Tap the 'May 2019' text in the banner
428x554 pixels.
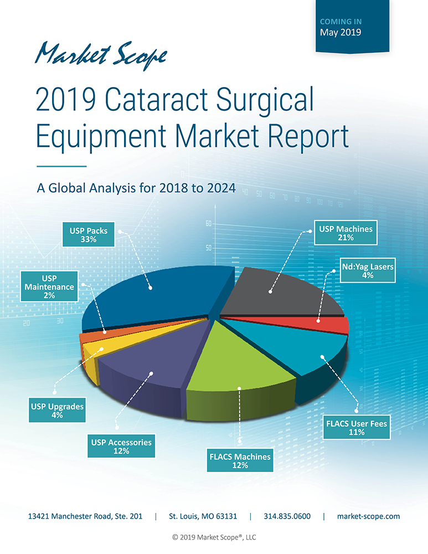[x=341, y=32]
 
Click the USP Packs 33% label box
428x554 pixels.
[x=88, y=235]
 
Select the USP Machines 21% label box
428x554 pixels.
[x=346, y=233]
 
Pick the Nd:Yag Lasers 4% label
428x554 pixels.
[x=368, y=271]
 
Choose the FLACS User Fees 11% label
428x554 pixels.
[x=357, y=428]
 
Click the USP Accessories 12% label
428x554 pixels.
[x=122, y=447]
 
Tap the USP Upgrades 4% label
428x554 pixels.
[x=58, y=411]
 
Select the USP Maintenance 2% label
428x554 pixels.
[x=49, y=286]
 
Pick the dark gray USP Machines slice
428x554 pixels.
[x=277, y=291]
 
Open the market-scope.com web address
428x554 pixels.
[x=368, y=516]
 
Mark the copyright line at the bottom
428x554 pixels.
[x=214, y=537]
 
